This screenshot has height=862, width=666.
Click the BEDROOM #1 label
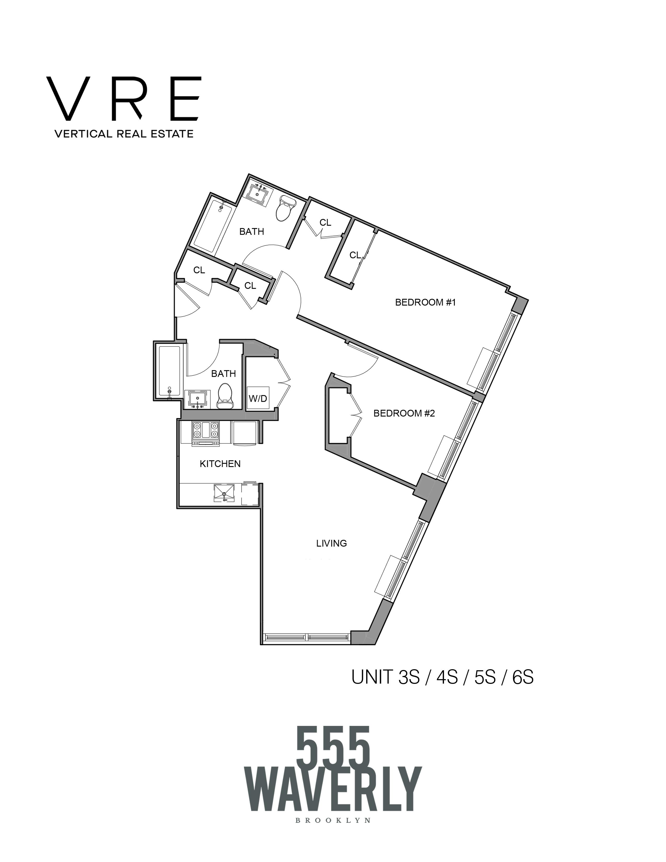tap(425, 302)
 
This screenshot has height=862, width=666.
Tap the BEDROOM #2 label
tap(404, 413)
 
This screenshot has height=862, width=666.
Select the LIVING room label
tap(331, 543)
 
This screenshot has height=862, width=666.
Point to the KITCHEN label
tap(220, 464)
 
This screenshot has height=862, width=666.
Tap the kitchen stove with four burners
tap(206, 433)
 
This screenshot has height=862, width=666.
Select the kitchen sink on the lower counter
tap(224, 493)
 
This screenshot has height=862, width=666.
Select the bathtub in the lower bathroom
tap(169, 371)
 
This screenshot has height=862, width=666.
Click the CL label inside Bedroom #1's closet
tap(355, 255)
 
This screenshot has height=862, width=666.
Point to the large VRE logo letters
tap(124, 99)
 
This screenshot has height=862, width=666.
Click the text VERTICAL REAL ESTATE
tap(124, 134)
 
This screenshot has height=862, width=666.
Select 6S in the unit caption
tap(523, 678)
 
